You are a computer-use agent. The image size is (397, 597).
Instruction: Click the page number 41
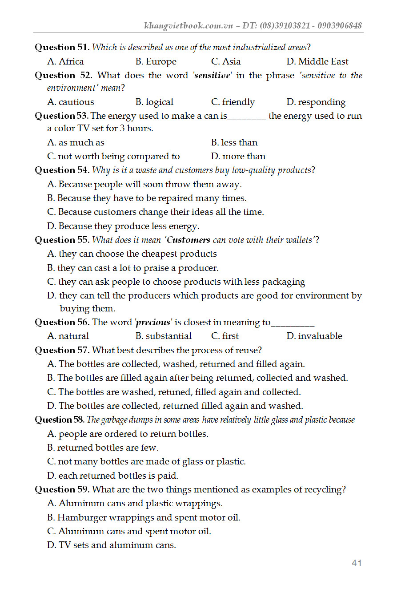coord(357,563)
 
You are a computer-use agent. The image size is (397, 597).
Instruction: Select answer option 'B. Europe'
coord(156,61)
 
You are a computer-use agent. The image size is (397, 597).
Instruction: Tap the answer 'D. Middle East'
coord(317,61)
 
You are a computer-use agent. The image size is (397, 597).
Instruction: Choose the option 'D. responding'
coord(316,102)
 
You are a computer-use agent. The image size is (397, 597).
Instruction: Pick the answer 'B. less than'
coord(234,142)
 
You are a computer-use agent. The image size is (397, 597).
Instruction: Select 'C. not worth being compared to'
coord(113,156)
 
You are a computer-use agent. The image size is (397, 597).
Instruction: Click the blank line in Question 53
coord(247,117)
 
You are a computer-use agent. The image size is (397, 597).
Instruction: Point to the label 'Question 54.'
coord(62,170)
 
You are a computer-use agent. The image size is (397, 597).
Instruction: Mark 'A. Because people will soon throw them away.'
coord(144,184)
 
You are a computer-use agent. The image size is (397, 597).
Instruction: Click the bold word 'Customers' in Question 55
coord(188,240)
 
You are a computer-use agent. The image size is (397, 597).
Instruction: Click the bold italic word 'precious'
coord(153,322)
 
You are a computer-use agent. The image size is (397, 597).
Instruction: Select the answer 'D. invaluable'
coord(314,336)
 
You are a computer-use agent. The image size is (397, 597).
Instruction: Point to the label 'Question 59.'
coord(62,489)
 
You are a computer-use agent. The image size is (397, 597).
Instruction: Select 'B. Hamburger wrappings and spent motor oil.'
coord(144,517)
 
